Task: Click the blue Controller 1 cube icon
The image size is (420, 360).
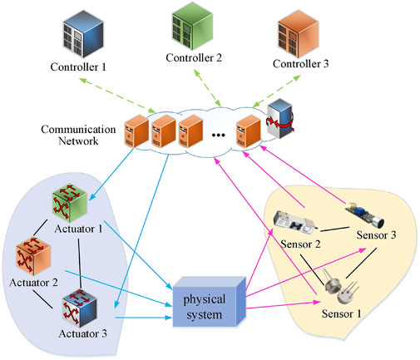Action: (x=83, y=33)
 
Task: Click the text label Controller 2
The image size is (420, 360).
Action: (x=194, y=58)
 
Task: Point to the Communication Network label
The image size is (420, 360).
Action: (x=78, y=135)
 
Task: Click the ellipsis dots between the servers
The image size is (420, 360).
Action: (x=218, y=135)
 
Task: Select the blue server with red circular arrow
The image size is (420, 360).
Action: (x=280, y=118)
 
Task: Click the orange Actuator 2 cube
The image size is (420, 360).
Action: (x=33, y=256)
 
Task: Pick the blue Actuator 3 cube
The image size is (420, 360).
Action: (x=79, y=308)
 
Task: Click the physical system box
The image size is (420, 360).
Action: (x=210, y=302)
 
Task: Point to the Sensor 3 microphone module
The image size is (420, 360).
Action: (x=364, y=214)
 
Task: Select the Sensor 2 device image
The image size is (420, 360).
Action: (x=295, y=221)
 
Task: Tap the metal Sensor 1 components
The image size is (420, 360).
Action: (x=342, y=289)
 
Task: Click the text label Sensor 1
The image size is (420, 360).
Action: (x=342, y=313)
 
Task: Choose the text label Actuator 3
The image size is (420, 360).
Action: (x=82, y=333)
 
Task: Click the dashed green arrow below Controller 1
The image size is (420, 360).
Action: (x=117, y=96)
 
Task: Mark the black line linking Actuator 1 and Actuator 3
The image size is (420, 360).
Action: (x=80, y=264)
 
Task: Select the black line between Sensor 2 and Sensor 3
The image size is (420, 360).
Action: (x=335, y=229)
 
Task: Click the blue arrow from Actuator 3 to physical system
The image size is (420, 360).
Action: (x=144, y=318)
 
